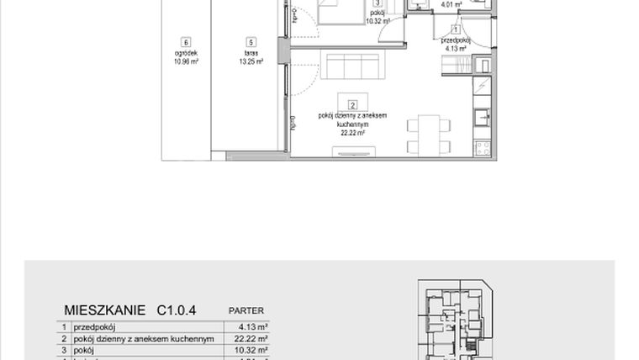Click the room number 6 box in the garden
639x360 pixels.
(x=184, y=42)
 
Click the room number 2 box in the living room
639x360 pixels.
(x=352, y=104)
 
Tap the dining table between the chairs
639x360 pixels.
(x=428, y=135)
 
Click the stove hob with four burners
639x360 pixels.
(x=483, y=148)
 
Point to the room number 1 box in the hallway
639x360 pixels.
(x=456, y=30)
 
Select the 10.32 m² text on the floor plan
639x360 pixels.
(x=376, y=21)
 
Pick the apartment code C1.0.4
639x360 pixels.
(x=176, y=310)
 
